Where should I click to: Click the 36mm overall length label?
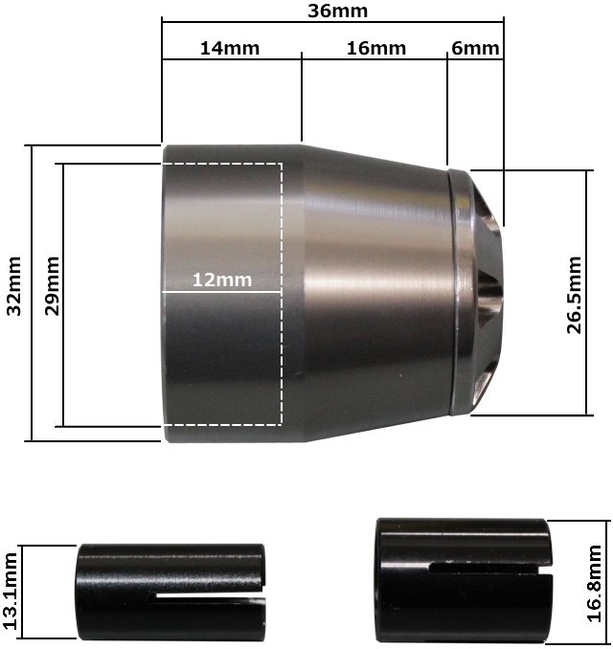[x=337, y=11]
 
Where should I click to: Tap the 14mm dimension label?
[x=230, y=48]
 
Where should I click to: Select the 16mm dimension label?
[x=376, y=48]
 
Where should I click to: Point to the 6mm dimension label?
[x=475, y=48]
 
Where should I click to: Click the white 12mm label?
[x=222, y=280]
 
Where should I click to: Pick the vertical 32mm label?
[x=14, y=286]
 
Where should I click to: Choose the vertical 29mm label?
[x=52, y=286]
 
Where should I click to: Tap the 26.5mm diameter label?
[x=575, y=295]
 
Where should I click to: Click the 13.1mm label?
[x=10, y=591]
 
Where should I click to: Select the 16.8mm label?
[x=595, y=584]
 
